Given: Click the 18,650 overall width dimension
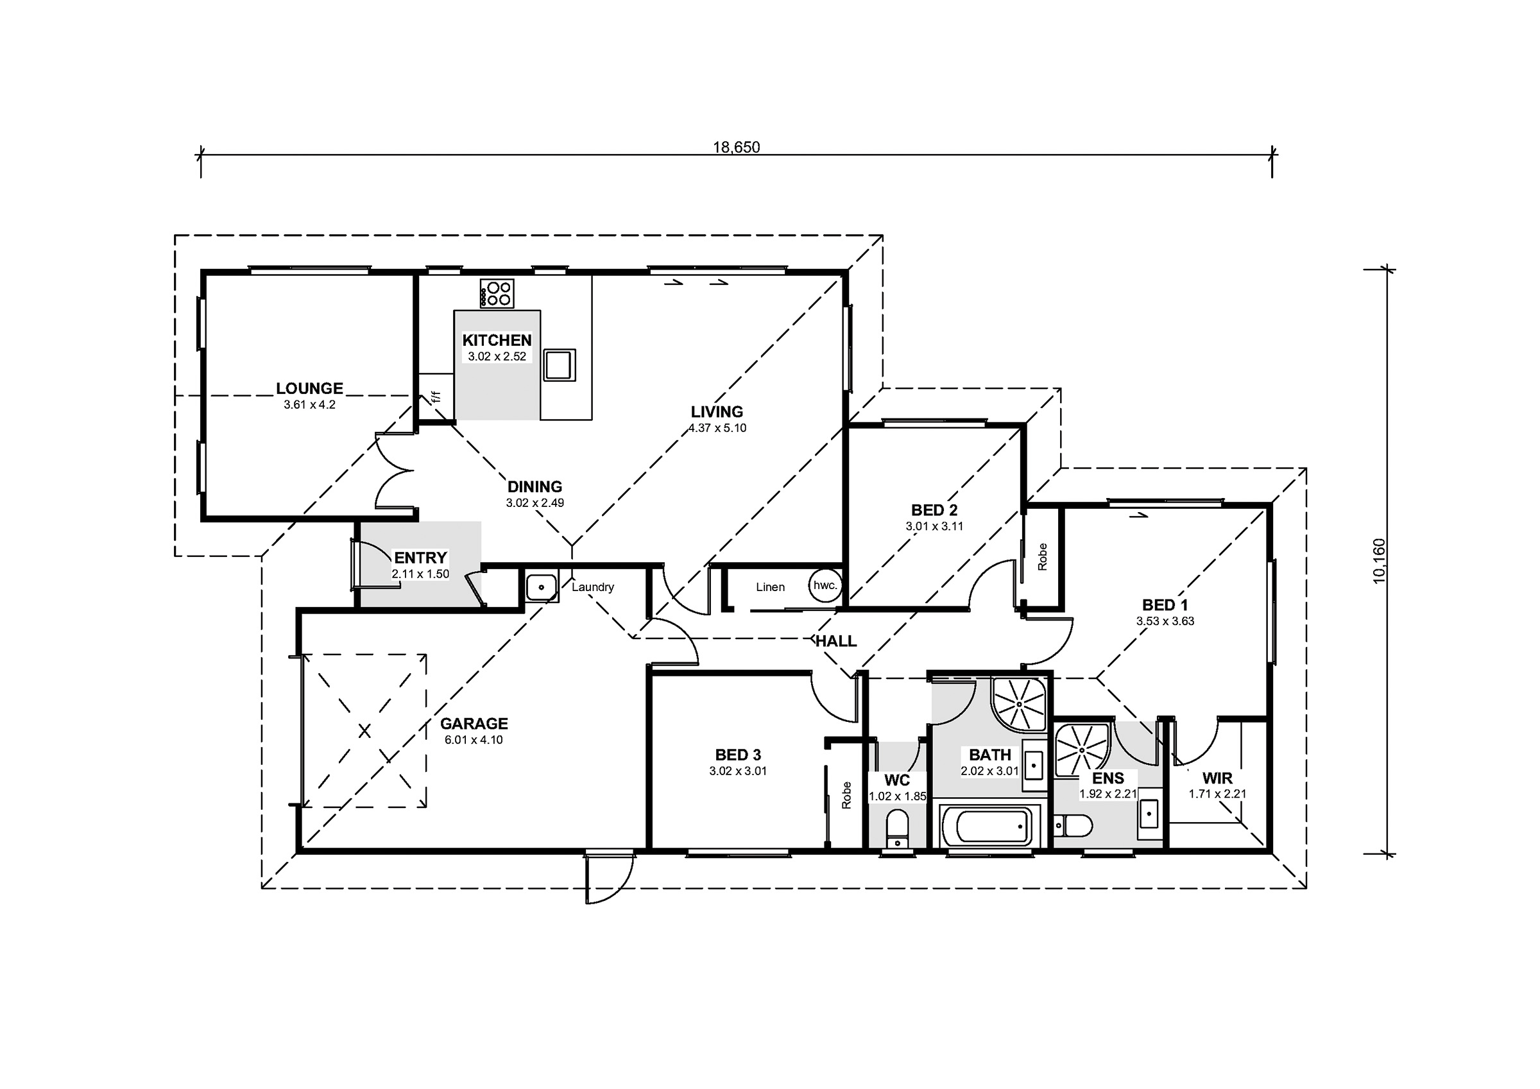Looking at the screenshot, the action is (x=736, y=147).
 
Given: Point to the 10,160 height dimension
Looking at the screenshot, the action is (x=1378, y=561).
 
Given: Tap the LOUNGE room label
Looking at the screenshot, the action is (x=309, y=388).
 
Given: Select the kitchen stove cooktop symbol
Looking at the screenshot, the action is (x=497, y=293).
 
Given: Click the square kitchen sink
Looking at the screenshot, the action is (x=559, y=365).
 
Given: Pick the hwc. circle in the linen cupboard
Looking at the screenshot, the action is (x=825, y=585).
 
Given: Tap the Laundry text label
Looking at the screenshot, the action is (x=593, y=587).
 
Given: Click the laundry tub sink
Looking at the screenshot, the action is (x=542, y=587).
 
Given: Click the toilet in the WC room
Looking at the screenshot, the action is (x=896, y=830).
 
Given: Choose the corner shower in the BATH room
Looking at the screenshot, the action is (x=1020, y=705).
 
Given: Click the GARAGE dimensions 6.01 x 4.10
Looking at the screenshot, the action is (x=474, y=740).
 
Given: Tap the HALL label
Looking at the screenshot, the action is (x=835, y=641).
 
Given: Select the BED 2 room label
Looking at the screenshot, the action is (x=934, y=510).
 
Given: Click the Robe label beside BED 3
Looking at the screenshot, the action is (x=846, y=795).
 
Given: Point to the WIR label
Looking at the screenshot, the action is (x=1217, y=778).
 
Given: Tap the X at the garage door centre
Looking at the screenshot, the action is (x=364, y=731).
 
